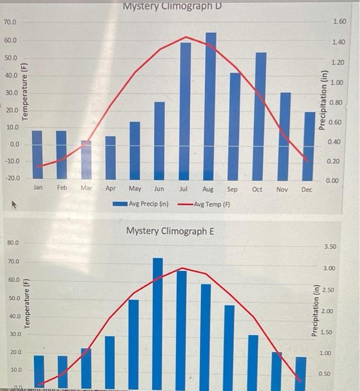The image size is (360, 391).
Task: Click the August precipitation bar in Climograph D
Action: click(x=210, y=106)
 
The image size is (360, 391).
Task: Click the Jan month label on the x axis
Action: click(x=37, y=189)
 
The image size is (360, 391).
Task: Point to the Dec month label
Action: click(x=307, y=190)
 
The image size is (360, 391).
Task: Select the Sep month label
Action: click(x=233, y=190)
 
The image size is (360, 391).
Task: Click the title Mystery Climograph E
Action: click(x=170, y=231)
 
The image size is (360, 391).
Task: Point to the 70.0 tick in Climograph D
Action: click(x=11, y=22)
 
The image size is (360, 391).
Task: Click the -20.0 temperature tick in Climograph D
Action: click(x=11, y=178)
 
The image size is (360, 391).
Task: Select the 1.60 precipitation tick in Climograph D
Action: click(x=339, y=22)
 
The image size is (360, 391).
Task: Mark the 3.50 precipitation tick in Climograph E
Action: click(x=330, y=246)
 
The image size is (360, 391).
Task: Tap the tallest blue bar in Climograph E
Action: click(x=158, y=318)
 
